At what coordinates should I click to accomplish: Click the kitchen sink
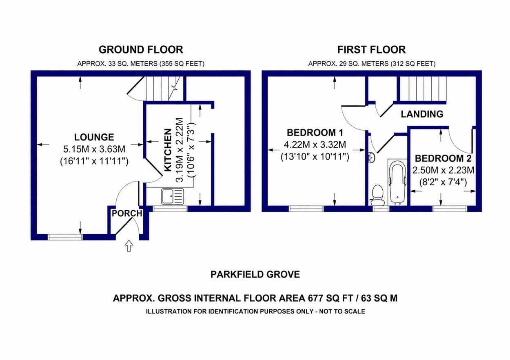[173, 196]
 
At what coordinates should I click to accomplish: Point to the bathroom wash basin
[371, 158]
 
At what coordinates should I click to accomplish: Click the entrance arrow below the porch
[129, 246]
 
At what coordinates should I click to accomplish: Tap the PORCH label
[127, 213]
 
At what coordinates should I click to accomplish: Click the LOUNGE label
[94, 137]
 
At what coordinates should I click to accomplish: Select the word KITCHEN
[168, 150]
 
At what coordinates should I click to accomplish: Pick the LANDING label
[422, 114]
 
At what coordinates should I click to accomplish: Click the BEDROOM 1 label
[315, 133]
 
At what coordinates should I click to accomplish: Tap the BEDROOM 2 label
[443, 158]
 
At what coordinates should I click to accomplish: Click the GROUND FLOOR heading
[141, 50]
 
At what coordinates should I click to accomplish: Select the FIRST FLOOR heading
[372, 50]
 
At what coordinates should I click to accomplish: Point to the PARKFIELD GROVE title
[255, 274]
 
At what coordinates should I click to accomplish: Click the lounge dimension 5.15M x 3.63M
[94, 149]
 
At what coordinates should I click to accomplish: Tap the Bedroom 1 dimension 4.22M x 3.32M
[315, 144]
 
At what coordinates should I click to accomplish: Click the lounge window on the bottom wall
[65, 237]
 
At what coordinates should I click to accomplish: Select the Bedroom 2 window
[450, 209]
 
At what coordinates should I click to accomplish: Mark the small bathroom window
[381, 209]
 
